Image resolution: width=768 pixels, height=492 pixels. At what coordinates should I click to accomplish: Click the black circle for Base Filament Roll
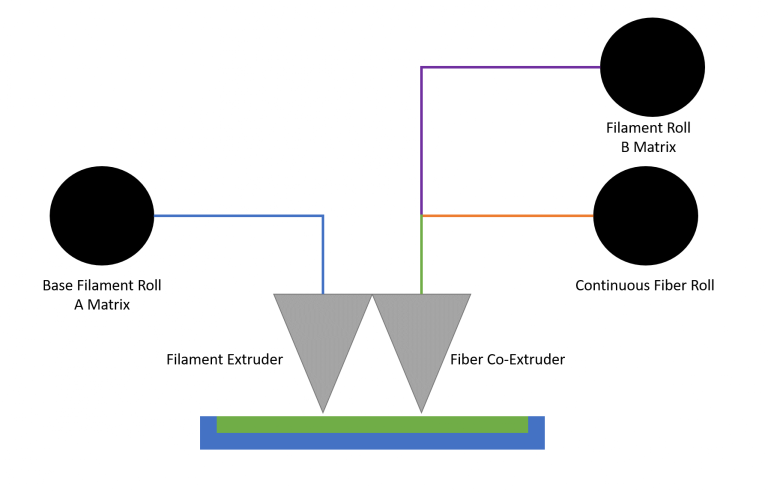[102, 215]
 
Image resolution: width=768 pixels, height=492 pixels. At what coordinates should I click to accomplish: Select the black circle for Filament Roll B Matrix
[652, 67]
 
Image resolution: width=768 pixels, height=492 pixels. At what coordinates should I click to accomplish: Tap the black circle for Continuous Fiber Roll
[645, 215]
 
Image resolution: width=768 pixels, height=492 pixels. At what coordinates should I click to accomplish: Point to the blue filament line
[240, 216]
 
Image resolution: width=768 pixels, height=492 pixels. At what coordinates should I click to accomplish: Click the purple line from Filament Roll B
[510, 67]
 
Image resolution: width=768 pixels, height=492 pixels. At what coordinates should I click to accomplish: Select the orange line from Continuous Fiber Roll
[507, 216]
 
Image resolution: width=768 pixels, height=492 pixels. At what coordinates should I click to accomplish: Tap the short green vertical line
[421, 255]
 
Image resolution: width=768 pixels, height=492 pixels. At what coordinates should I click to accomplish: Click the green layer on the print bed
[372, 424]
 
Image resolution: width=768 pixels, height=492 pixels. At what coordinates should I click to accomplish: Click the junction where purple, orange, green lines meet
[421, 216]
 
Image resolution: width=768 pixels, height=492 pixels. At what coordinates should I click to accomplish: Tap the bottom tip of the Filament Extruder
[323, 411]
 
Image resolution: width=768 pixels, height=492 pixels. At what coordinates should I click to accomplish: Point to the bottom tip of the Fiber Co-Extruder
[421, 411]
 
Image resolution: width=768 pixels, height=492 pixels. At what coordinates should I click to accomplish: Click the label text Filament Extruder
[224, 359]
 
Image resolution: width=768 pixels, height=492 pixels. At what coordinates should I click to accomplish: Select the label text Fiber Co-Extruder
[507, 359]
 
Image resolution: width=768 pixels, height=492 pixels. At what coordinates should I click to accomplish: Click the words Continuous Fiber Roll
[644, 285]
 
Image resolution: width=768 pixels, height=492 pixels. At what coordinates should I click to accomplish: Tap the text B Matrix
[648, 147]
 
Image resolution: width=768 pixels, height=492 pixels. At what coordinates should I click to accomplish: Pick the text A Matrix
[102, 304]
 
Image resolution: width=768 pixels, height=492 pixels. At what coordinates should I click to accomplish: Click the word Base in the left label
[57, 285]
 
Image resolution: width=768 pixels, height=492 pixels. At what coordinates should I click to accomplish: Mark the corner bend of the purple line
[421, 67]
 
